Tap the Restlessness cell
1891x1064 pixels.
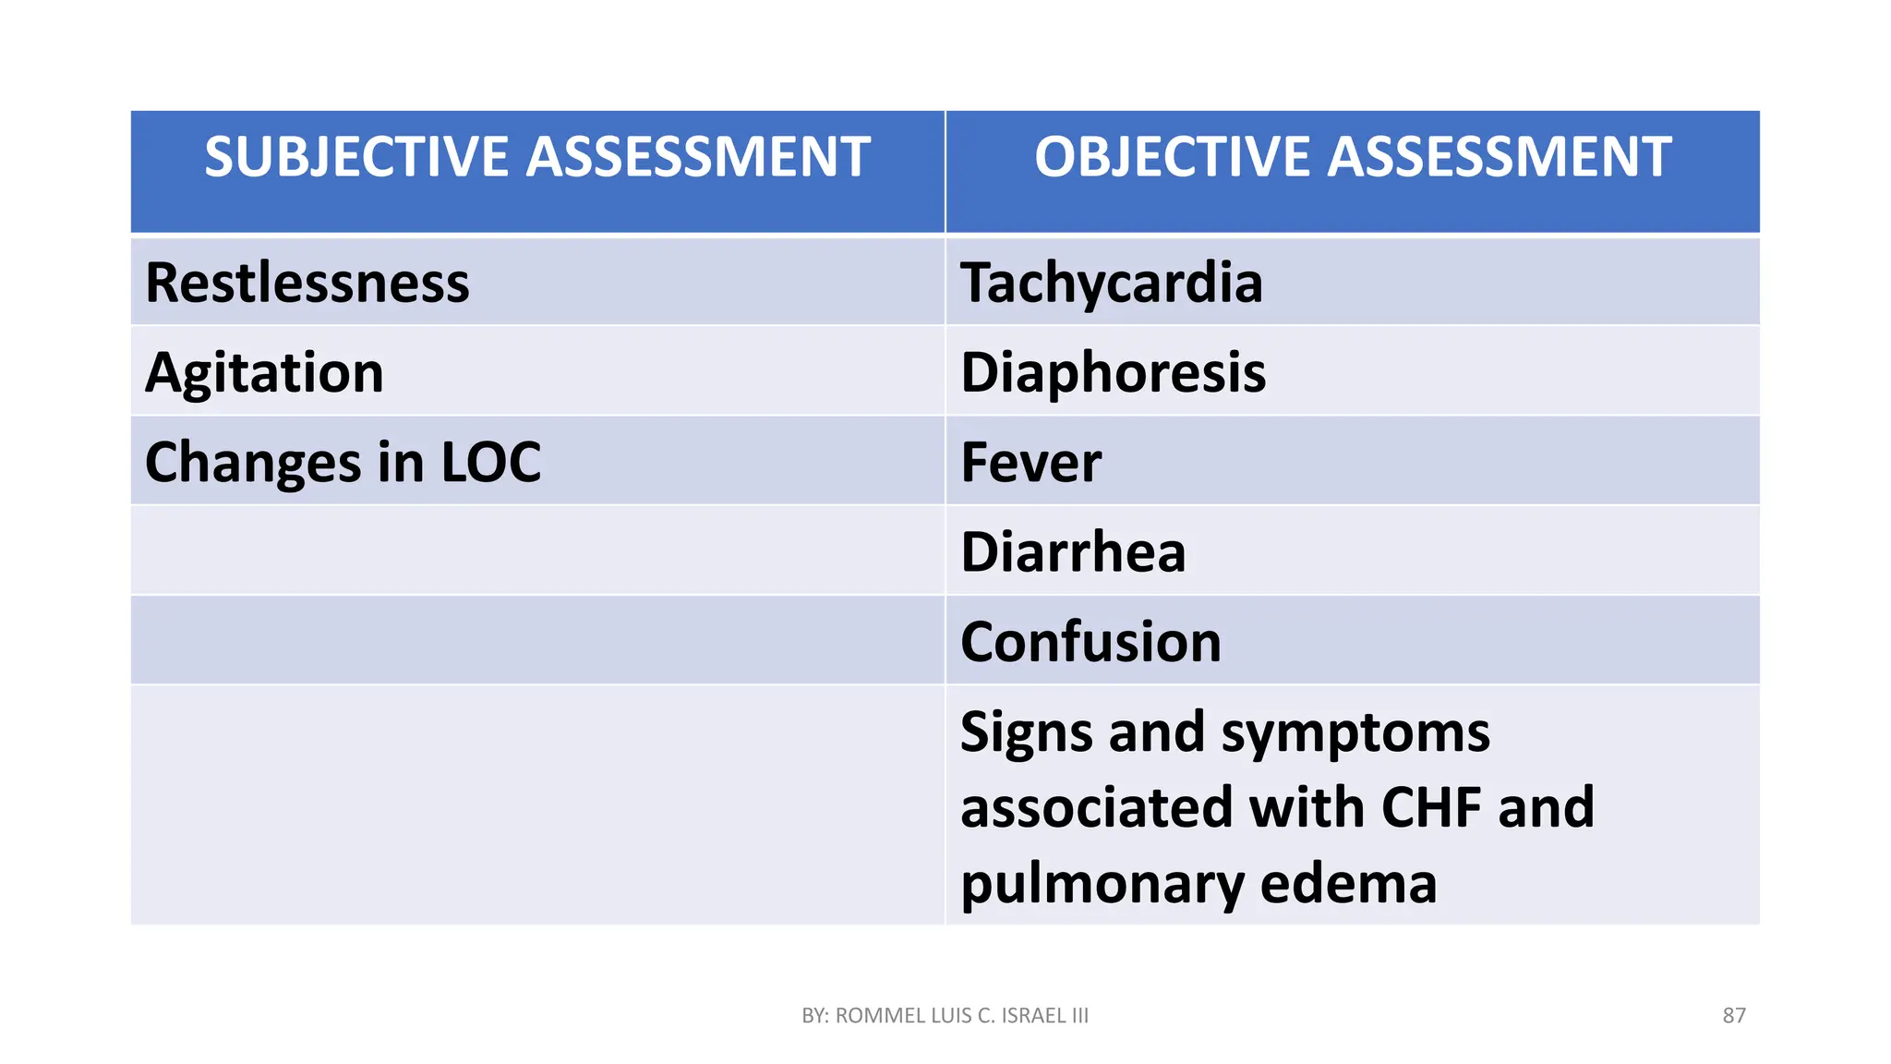tap(307, 283)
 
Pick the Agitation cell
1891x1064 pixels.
tap(265, 373)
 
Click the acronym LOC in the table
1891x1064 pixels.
tap(490, 462)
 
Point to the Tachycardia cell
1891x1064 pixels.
tap(1112, 283)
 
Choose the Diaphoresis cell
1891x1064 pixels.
tap(1114, 373)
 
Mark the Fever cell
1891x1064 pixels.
tap(1031, 462)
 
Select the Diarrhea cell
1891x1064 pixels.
tap(1073, 552)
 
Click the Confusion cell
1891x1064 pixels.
tap(1090, 642)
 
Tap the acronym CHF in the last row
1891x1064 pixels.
tap(1432, 807)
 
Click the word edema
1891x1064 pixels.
tap(1348, 883)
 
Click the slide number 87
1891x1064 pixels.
tap(1734, 1016)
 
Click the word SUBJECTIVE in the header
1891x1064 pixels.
tap(358, 156)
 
